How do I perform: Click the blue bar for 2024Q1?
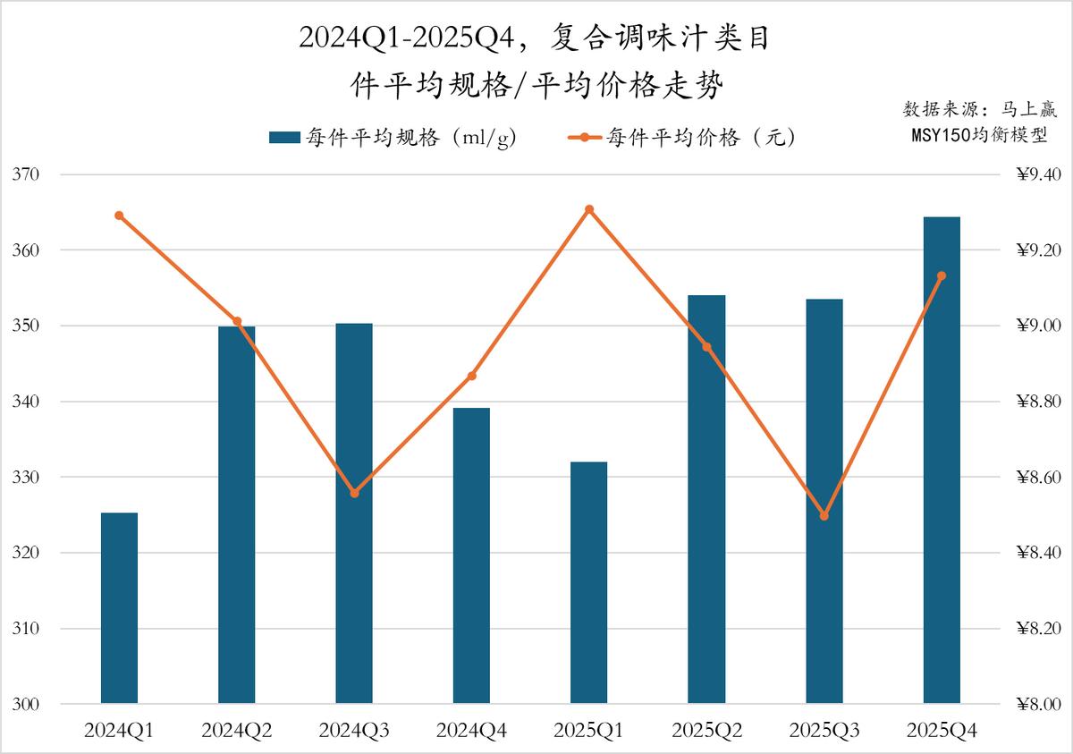coord(119,608)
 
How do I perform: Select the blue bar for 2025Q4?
coord(942,460)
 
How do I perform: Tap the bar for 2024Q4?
coord(471,555)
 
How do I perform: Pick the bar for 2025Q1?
coord(589,582)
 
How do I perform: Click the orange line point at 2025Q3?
coord(824,516)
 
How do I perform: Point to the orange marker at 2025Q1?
coord(589,209)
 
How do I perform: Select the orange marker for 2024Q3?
coord(354,493)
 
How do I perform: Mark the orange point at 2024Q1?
coord(119,216)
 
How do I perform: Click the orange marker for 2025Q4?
coord(942,275)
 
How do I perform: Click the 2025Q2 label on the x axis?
coord(706,732)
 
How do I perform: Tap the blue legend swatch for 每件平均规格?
coord(284,138)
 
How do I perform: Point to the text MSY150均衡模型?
coord(979,135)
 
